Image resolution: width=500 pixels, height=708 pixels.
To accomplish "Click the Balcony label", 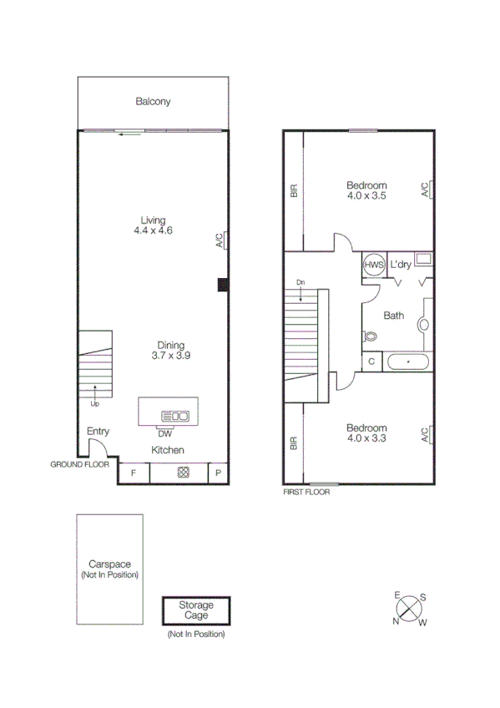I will (x=153, y=102).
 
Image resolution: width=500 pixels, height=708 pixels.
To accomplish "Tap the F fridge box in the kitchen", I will (x=134, y=473).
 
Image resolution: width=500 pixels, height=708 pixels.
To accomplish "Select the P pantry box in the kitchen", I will (x=218, y=473).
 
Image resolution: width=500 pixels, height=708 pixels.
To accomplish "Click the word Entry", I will (x=98, y=431).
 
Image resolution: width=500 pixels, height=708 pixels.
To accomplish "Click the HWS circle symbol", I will (x=373, y=265).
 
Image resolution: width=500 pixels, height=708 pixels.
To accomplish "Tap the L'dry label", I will (x=401, y=265).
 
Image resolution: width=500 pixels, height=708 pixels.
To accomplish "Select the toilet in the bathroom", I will (x=371, y=336).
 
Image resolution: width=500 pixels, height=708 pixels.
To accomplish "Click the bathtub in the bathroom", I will (x=407, y=362).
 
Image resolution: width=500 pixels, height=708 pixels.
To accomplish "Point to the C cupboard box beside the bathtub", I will (x=371, y=362).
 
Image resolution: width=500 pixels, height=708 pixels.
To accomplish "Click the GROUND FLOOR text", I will (x=80, y=464).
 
